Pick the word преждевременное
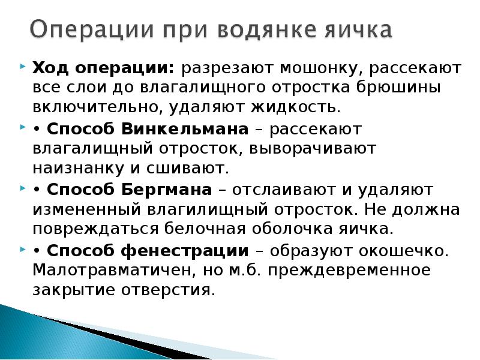coord(349,271)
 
